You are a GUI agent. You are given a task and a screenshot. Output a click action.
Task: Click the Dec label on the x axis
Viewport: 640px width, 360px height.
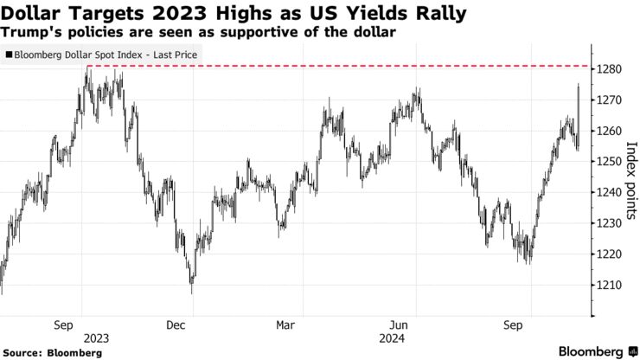click(x=176, y=325)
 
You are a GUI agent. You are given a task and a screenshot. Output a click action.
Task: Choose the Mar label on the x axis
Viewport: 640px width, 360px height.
click(x=286, y=325)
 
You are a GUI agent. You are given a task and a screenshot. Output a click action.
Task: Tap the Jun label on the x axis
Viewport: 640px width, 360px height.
click(x=400, y=325)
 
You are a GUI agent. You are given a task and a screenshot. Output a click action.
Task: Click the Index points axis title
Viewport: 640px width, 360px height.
click(x=630, y=180)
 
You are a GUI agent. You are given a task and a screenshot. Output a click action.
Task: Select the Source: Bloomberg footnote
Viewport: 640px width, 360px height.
click(x=51, y=352)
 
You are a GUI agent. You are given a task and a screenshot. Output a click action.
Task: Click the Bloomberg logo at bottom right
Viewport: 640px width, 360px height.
click(x=596, y=351)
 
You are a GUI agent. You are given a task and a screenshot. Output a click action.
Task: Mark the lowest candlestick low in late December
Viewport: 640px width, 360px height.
click(x=192, y=292)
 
